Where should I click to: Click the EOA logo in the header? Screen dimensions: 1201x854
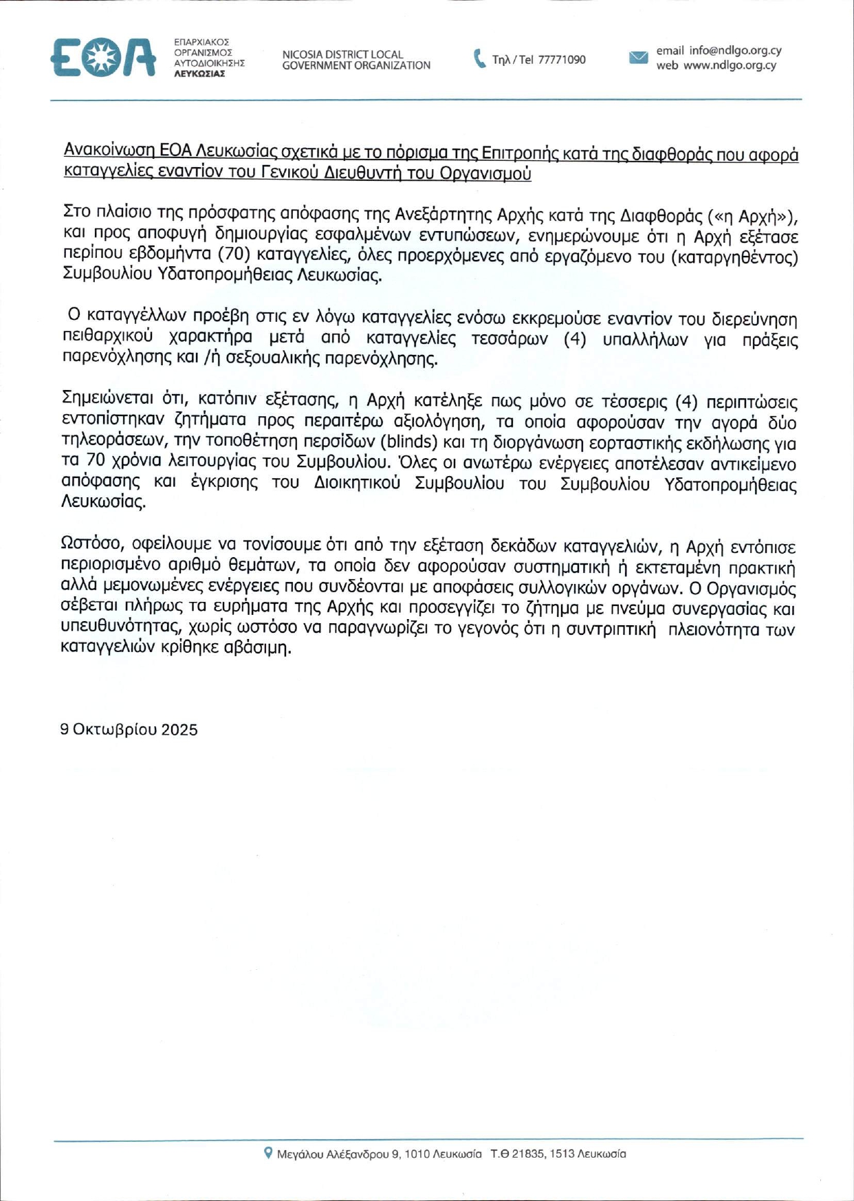tap(103, 58)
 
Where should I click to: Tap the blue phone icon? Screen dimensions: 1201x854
tap(479, 58)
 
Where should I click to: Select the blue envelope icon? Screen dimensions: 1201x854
tap(638, 57)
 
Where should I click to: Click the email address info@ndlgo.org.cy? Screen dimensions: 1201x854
tap(735, 51)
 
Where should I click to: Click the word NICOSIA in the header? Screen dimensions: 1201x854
tap(302, 54)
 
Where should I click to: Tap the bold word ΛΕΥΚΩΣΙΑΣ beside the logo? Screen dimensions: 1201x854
tap(199, 74)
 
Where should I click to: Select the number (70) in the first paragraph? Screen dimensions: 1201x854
tap(233, 255)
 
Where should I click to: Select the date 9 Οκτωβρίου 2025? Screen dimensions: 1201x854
tap(129, 729)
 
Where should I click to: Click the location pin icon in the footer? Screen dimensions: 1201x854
tap(268, 1152)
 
